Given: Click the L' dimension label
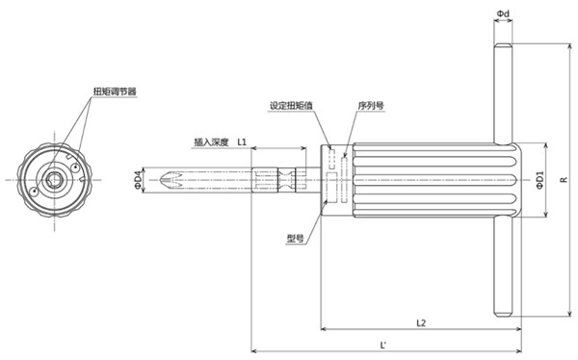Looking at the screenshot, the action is (x=383, y=343).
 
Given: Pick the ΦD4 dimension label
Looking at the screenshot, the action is (x=139, y=179).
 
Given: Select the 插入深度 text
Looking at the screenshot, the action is (x=210, y=141).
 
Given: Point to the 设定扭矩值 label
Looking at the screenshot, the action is (x=290, y=105).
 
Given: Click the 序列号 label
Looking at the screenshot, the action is (x=371, y=105).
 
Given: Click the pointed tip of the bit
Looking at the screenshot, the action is (x=161, y=180).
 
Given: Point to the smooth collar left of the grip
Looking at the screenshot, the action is (x=333, y=180).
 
